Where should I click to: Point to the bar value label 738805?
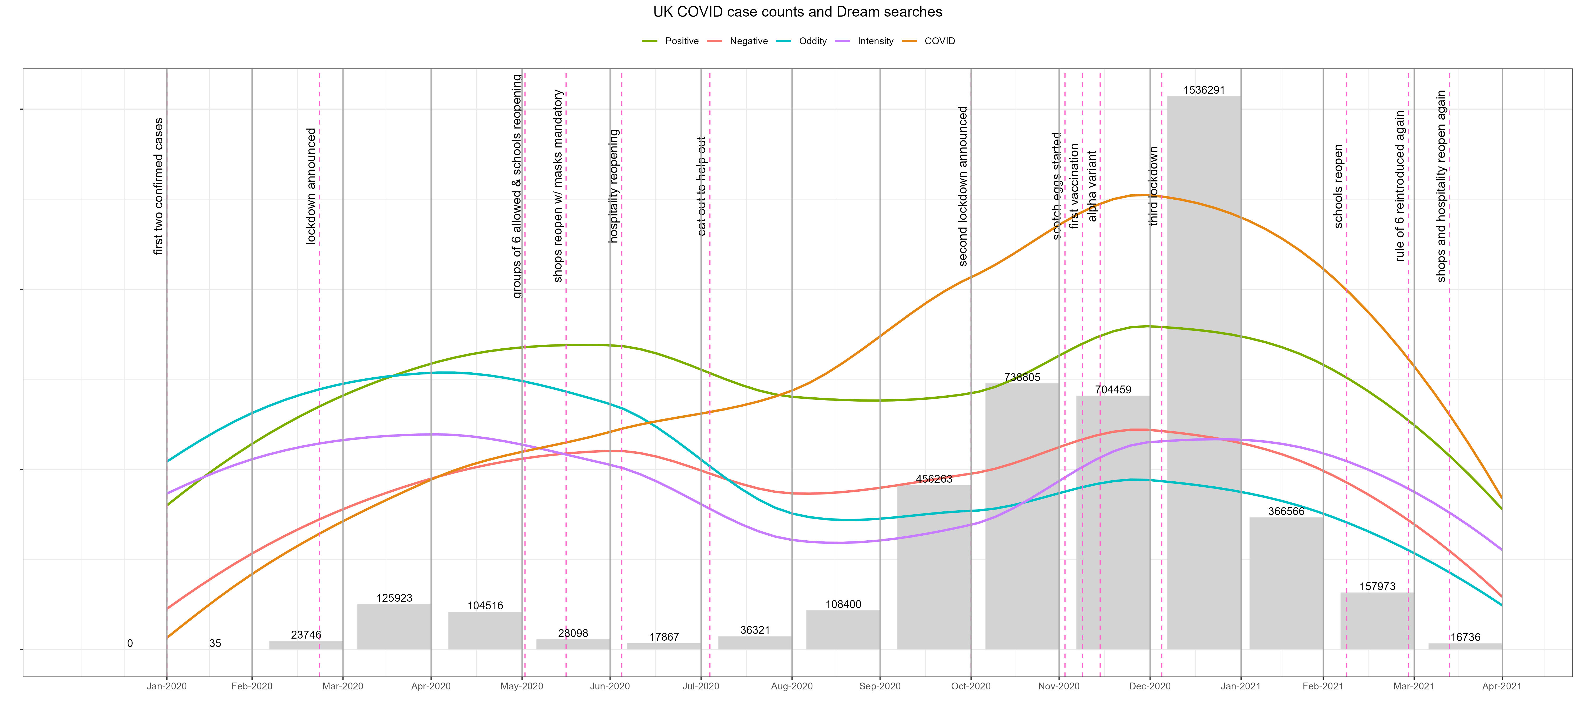click(1022, 377)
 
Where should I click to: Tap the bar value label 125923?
click(394, 598)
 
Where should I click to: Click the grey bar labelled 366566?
click(1286, 583)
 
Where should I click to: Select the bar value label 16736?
click(1465, 637)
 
